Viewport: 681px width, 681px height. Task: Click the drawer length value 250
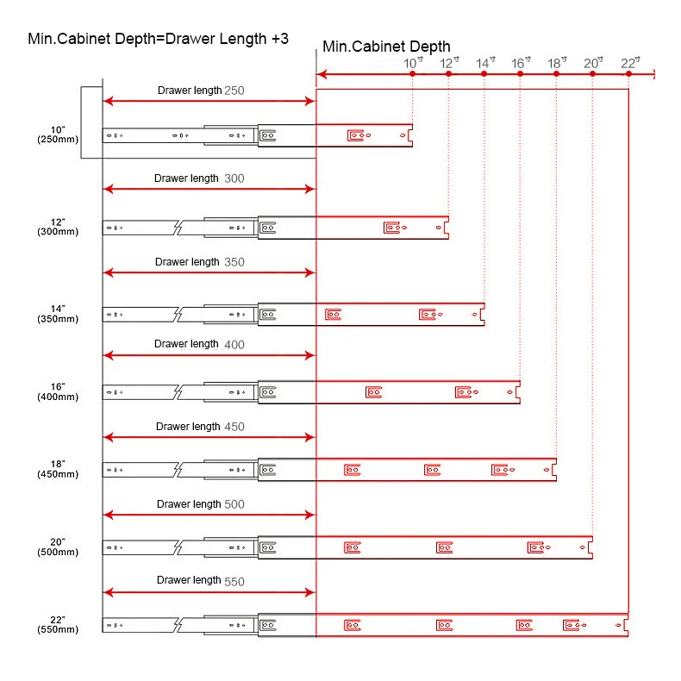[234, 91]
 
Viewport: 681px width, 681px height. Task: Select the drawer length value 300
[234, 179]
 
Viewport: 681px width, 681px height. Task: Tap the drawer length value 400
[234, 345]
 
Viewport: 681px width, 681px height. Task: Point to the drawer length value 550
[234, 582]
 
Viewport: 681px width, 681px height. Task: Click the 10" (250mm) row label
[64, 134]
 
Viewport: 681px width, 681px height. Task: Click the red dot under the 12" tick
[449, 75]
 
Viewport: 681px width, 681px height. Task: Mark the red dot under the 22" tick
[628, 75]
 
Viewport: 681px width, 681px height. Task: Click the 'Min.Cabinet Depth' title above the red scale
[386, 47]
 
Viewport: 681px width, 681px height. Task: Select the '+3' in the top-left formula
[278, 39]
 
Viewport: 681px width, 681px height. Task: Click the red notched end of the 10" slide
[409, 135]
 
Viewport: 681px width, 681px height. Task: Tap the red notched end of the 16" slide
[516, 392]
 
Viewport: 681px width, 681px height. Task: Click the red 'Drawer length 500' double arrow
[209, 515]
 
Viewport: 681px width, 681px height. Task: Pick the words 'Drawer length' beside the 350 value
[187, 262]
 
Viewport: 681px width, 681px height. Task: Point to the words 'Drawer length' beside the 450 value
[188, 427]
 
